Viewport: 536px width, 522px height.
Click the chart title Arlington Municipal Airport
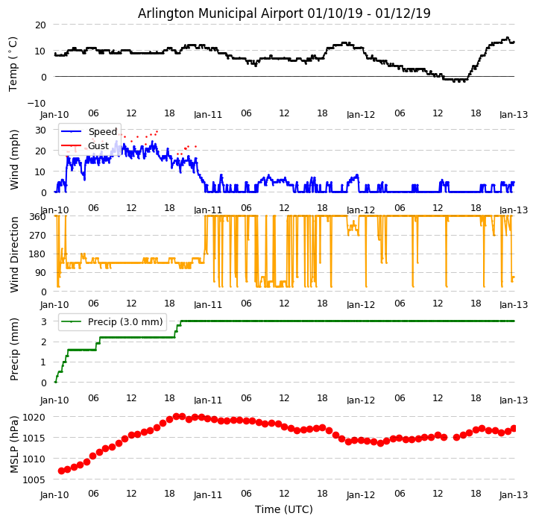coord(284,13)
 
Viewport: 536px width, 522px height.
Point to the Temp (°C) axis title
coord(13,63)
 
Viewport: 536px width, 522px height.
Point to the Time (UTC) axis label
coord(284,509)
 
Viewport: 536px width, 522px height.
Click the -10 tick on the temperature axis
coord(37,103)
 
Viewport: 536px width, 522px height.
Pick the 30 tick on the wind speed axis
coord(40,130)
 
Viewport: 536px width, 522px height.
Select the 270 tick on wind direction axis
coord(37,236)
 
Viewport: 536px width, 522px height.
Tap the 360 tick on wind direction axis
coord(37,217)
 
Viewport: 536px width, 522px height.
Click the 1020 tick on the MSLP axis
coord(34,417)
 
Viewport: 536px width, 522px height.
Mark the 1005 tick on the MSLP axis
coord(34,479)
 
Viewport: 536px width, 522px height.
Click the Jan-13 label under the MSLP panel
coord(514,494)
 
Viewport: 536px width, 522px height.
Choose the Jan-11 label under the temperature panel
coord(208,115)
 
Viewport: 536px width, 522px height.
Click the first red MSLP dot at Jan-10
coord(61,471)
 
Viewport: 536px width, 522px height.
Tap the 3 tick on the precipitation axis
coord(43,321)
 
